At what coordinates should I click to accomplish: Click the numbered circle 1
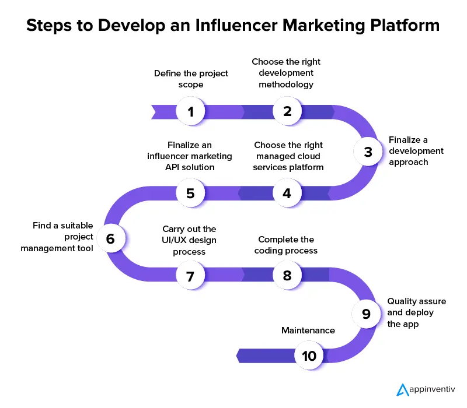click(x=190, y=111)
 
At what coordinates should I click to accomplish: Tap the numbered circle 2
click(x=287, y=111)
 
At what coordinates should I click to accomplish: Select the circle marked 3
click(x=368, y=152)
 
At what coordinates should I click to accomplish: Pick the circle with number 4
click(x=287, y=193)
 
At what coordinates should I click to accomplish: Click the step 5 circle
click(x=190, y=193)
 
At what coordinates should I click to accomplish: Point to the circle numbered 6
click(x=110, y=238)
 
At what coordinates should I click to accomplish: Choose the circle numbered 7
click(x=190, y=276)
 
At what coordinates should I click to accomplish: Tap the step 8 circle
click(x=287, y=276)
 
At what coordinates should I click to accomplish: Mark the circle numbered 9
click(x=366, y=314)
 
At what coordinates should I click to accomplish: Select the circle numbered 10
click(x=309, y=355)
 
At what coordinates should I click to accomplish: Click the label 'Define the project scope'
click(x=191, y=79)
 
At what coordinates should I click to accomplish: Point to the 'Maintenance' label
click(x=308, y=330)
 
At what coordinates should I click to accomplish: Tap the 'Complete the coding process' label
click(x=286, y=245)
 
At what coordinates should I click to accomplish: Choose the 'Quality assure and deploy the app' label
click(x=416, y=312)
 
